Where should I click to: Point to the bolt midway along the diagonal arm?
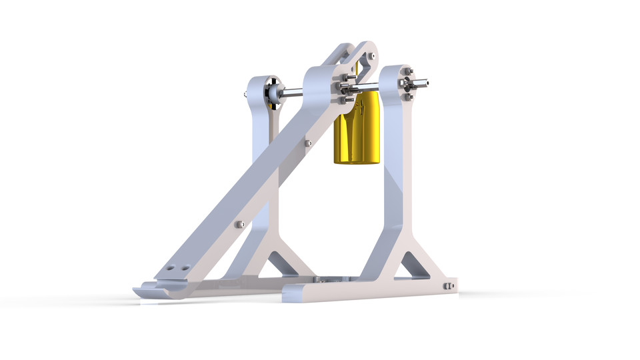(x=307, y=143)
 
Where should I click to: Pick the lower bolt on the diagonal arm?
(x=241, y=224)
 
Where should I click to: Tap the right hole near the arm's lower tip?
(x=184, y=268)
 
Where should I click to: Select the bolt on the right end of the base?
(x=449, y=286)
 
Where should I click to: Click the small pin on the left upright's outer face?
(x=247, y=95)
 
